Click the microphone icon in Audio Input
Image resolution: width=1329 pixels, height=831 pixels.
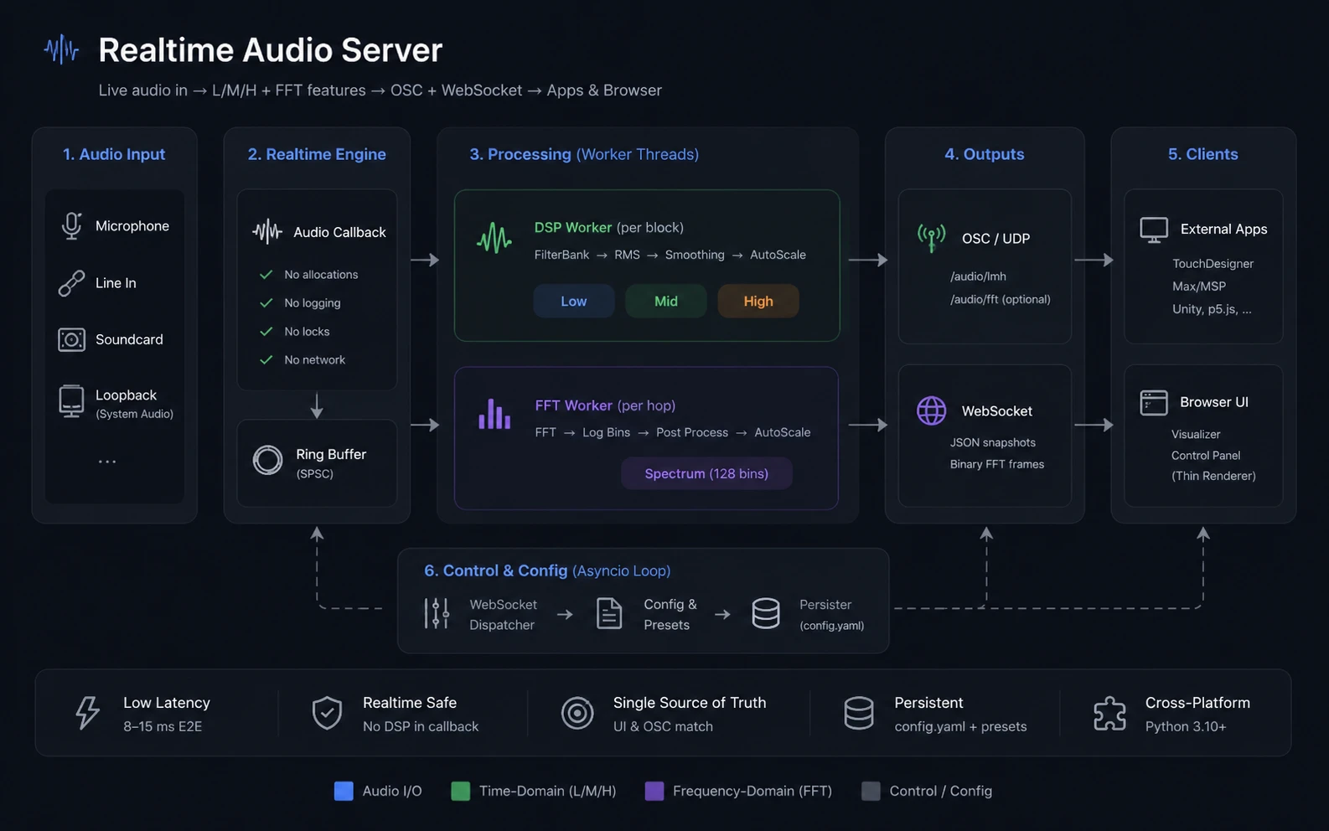(x=71, y=226)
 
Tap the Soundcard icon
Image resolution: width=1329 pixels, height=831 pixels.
(x=71, y=340)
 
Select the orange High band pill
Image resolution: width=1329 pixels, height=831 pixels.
(x=758, y=301)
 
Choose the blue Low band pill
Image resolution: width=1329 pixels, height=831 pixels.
(x=574, y=301)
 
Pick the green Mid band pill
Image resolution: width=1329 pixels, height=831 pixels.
(x=665, y=301)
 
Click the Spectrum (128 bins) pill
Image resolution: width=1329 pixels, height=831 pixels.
(x=706, y=473)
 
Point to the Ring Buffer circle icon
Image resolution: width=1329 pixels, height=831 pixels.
(x=267, y=460)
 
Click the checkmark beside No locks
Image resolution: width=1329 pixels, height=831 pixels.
(x=266, y=332)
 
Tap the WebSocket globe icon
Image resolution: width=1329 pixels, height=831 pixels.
(x=931, y=410)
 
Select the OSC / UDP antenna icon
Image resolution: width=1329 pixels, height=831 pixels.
(x=931, y=238)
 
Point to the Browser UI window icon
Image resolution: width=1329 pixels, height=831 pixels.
(x=1153, y=403)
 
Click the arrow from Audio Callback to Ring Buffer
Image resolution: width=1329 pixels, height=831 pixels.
(x=317, y=405)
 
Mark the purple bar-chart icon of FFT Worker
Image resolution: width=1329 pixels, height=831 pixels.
(x=494, y=414)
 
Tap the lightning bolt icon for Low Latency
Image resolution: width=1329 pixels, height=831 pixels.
(x=87, y=712)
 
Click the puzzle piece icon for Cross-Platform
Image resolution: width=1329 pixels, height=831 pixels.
(x=1109, y=712)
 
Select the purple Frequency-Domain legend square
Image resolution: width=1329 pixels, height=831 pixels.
(x=654, y=791)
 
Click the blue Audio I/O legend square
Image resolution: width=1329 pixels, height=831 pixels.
(x=344, y=791)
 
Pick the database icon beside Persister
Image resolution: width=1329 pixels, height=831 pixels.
(x=765, y=613)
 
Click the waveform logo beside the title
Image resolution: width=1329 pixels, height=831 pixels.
(x=61, y=49)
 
